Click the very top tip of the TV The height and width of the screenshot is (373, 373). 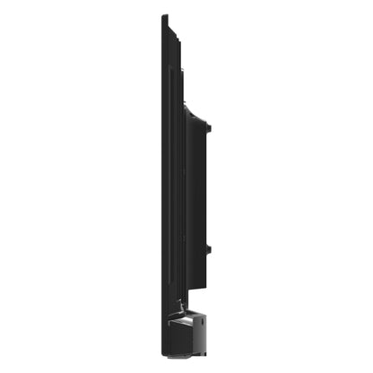(x=164, y=16)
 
